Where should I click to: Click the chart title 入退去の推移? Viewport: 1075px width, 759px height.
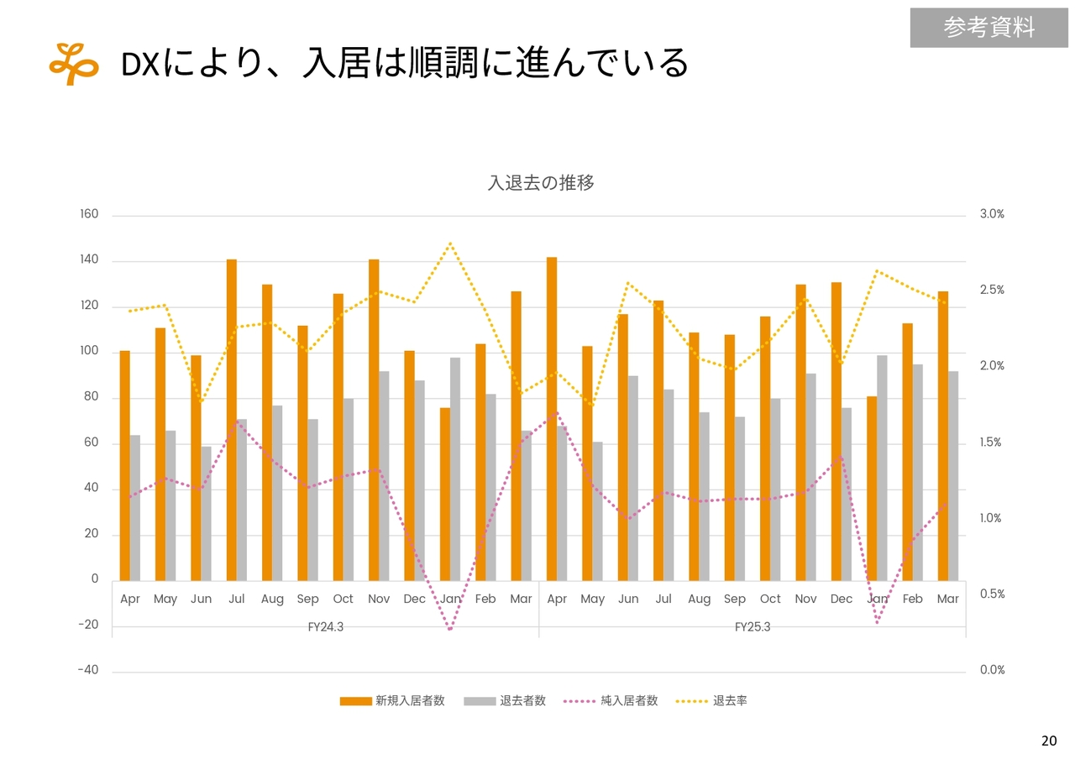click(541, 182)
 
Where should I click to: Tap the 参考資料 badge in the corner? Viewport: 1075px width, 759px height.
click(988, 28)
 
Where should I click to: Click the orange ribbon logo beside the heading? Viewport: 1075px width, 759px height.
click(74, 64)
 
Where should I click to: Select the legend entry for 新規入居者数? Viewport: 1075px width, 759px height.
click(392, 701)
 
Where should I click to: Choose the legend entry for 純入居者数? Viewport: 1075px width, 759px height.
click(611, 701)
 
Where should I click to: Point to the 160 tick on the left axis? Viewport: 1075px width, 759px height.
click(89, 215)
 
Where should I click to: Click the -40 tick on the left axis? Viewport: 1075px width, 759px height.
click(88, 670)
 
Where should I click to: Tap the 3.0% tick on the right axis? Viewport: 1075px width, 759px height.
click(992, 215)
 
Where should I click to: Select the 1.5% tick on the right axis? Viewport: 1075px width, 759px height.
click(991, 442)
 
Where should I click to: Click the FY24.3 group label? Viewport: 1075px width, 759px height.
click(326, 627)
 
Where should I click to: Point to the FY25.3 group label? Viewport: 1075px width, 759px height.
click(752, 627)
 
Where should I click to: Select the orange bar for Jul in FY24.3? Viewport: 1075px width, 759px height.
click(232, 420)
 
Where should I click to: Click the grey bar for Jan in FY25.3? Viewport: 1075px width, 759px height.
click(883, 468)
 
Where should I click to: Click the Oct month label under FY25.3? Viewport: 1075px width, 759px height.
click(770, 599)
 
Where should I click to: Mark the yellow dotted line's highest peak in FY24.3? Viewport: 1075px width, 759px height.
click(450, 243)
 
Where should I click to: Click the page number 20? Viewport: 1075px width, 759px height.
click(1049, 741)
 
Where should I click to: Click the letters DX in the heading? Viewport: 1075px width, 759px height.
click(140, 65)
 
